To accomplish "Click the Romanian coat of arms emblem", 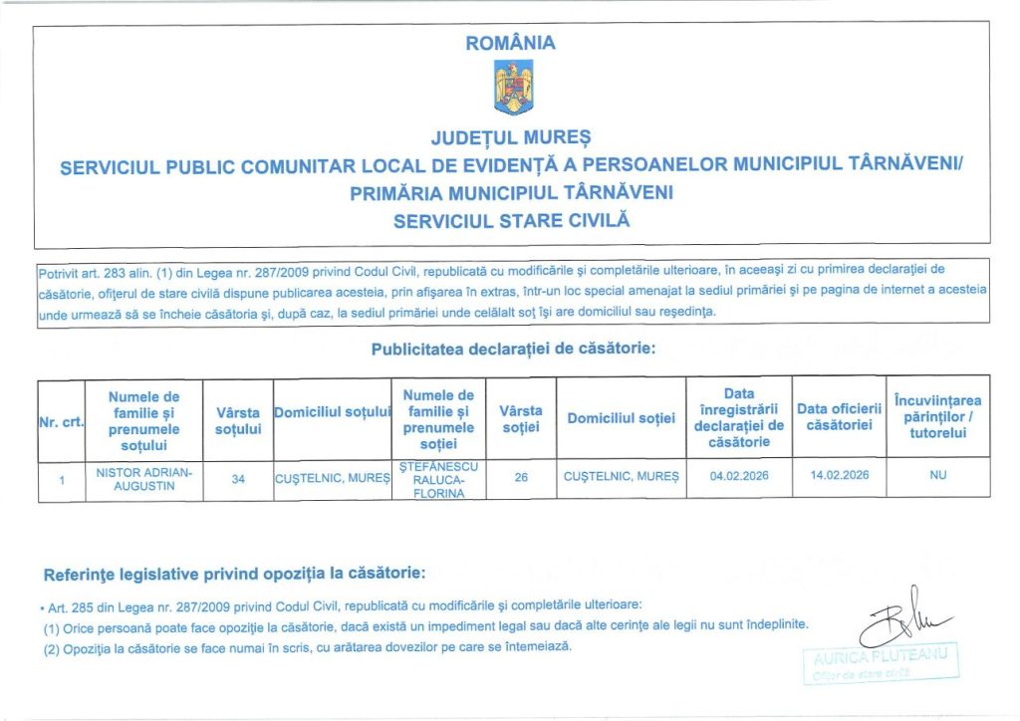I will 513,88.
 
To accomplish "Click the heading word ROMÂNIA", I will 510,43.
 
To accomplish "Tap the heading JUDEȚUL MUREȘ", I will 511,135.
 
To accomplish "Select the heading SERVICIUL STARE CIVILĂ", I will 512,220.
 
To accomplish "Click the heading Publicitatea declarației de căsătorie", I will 512,350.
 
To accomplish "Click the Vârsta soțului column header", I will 238,420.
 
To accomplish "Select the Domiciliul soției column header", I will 621,419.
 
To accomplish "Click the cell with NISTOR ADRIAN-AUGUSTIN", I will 143,478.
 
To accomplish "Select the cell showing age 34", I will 238,479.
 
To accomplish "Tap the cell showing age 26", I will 520,478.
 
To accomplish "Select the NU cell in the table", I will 937,476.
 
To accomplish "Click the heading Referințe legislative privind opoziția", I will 235,575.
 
